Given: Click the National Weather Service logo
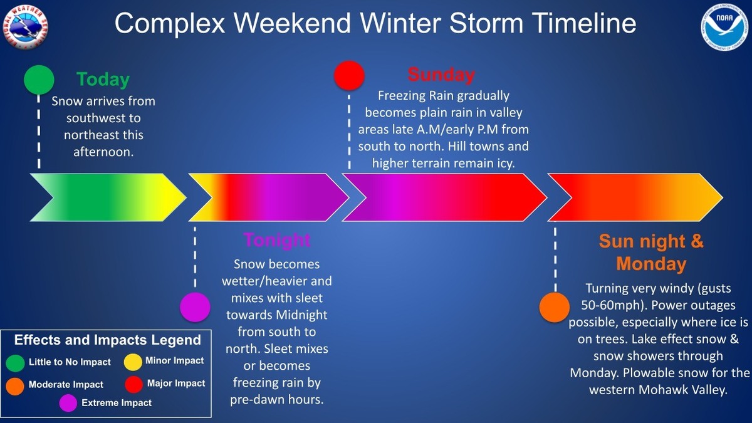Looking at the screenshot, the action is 26,27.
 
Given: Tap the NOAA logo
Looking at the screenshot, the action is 724,27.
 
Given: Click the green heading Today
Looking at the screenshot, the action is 103,80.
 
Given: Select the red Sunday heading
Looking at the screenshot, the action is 441,75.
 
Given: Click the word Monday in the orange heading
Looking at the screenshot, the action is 651,264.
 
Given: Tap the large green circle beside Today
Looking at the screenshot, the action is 39,80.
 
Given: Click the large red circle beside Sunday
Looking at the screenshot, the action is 349,76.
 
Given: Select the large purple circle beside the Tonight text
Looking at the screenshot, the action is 195,307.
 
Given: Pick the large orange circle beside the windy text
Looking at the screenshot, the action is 555,308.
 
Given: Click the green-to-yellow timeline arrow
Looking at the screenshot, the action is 108,197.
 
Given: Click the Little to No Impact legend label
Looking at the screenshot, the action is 70,362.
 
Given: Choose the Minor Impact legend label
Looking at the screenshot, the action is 175,360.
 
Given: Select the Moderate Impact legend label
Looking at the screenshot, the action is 66,384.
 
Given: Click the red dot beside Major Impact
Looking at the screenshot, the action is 134,385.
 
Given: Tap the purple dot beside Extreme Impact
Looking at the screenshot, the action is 68,403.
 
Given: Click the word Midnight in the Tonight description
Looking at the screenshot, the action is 301,315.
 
